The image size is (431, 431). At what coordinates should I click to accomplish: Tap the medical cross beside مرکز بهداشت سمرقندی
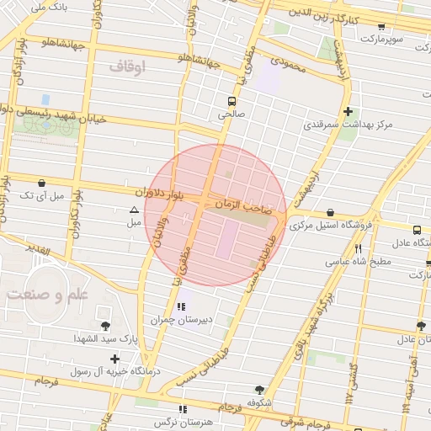click(x=347, y=111)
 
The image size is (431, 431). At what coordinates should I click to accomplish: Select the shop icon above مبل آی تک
click(x=42, y=182)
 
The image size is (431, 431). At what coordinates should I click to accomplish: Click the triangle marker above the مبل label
click(x=133, y=210)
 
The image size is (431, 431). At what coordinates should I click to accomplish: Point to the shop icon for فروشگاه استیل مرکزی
click(x=328, y=212)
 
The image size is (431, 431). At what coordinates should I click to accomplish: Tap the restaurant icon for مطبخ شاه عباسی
click(x=359, y=248)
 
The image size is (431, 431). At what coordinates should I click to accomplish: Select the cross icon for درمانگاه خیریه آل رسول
click(x=115, y=358)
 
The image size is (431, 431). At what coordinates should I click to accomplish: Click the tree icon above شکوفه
click(x=258, y=389)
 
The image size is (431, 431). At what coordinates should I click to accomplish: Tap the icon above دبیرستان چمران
click(x=181, y=306)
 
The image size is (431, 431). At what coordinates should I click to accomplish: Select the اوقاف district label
click(x=128, y=66)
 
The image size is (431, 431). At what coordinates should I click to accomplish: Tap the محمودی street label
click(x=285, y=61)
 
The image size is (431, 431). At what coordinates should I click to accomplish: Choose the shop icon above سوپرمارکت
click(x=380, y=27)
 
